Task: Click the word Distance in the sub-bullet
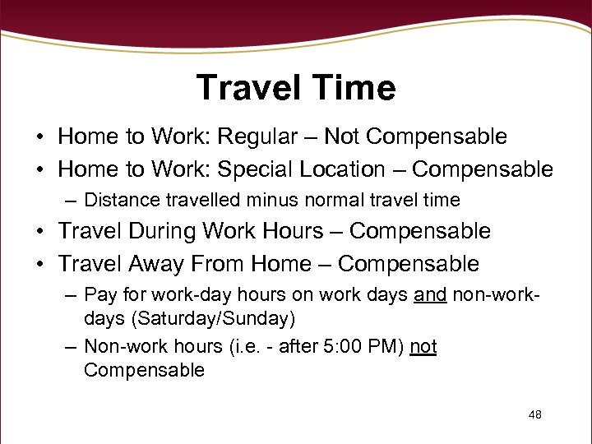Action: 118,200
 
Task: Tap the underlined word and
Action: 430,294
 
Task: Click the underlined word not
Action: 423,348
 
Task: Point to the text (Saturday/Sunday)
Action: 189,317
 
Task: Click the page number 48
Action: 534,414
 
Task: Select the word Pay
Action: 100,294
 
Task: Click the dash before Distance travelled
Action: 72,201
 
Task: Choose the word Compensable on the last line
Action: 144,370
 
